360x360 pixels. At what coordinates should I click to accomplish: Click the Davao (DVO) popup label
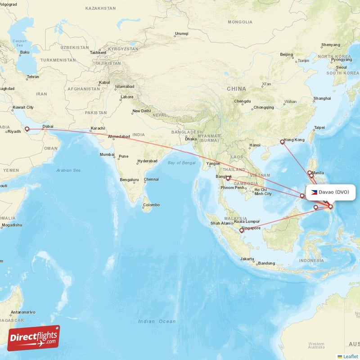pyautogui.click(x=331, y=192)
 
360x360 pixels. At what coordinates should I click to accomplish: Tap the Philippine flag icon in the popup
pyautogui.click(x=314, y=192)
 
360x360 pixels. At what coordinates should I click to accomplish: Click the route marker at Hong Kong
pyautogui.click(x=282, y=142)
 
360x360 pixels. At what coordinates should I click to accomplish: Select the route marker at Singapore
pyautogui.click(x=241, y=230)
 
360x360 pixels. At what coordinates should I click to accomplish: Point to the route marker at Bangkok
pyautogui.click(x=228, y=179)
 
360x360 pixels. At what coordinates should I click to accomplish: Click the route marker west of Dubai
pyautogui.click(x=27, y=129)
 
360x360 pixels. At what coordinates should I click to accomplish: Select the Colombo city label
pyautogui.click(x=151, y=205)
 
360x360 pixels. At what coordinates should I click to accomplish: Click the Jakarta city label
pyautogui.click(x=247, y=259)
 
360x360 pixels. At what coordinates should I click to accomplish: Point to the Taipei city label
pyautogui.click(x=319, y=127)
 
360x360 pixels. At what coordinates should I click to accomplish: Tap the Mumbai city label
pyautogui.click(x=107, y=154)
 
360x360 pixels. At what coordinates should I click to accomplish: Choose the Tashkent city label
pyautogui.click(x=98, y=52)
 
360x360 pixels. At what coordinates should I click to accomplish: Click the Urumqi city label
pyautogui.click(x=181, y=34)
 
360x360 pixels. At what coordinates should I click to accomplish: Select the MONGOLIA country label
pyautogui.click(x=240, y=22)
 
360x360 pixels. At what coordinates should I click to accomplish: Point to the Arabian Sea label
pyautogui.click(x=68, y=170)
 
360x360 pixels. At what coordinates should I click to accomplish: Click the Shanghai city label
pyautogui.click(x=322, y=98)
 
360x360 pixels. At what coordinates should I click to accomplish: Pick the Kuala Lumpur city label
pyautogui.click(x=247, y=221)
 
